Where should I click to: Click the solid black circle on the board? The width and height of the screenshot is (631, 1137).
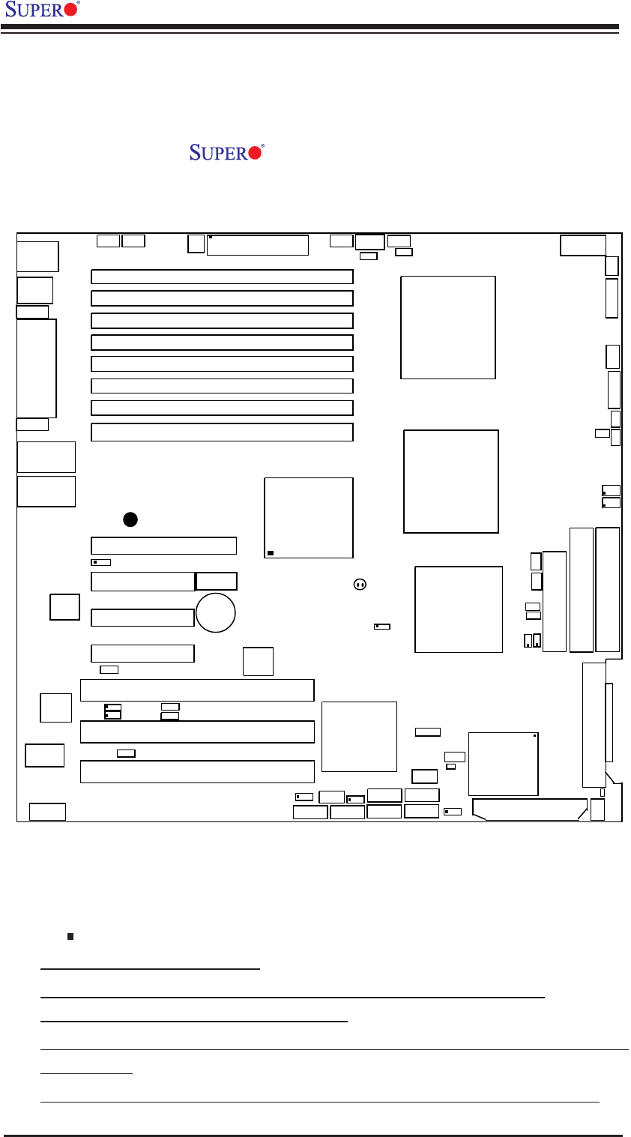tap(130, 519)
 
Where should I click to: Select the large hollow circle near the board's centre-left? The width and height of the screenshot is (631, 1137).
tap(216, 612)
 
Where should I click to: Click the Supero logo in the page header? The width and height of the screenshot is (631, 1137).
tap(41, 11)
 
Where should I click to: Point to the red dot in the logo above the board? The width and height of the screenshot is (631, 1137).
tap(256, 153)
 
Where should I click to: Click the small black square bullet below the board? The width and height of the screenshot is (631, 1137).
tap(69, 935)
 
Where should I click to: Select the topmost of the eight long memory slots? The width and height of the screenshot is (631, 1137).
tap(222, 277)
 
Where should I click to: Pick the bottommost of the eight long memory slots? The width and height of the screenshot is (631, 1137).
tap(222, 432)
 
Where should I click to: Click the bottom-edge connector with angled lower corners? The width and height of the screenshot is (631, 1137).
tap(530, 809)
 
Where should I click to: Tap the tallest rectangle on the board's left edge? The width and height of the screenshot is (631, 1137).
tap(37, 368)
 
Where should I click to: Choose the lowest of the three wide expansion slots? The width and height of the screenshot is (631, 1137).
tap(197, 771)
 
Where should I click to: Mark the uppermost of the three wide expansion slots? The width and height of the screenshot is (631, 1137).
tap(197, 690)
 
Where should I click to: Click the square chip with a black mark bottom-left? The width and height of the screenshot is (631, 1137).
tap(309, 518)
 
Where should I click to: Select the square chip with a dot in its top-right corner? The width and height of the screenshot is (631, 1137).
tap(503, 763)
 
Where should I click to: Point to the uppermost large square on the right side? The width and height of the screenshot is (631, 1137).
tap(448, 328)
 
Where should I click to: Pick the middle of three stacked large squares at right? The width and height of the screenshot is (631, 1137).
tap(451, 481)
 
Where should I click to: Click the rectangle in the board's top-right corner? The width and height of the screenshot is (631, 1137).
tap(583, 245)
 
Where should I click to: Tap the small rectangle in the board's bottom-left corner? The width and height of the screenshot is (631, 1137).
tap(47, 811)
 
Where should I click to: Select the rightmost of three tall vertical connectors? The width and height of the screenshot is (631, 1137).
tap(608, 589)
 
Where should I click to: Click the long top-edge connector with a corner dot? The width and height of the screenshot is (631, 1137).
tap(258, 245)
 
